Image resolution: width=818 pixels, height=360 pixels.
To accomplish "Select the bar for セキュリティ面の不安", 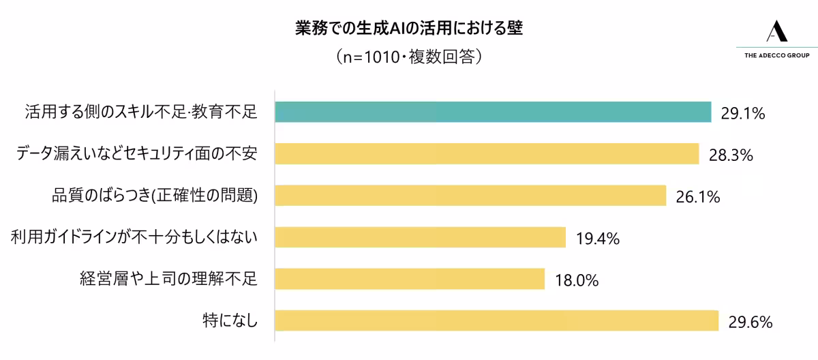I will click(x=487, y=154).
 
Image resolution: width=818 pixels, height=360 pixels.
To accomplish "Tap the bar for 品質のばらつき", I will click(x=470, y=196).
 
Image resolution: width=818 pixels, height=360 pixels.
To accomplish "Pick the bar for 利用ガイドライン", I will click(x=420, y=237).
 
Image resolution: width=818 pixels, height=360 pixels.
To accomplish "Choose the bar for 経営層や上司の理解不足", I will click(x=410, y=279).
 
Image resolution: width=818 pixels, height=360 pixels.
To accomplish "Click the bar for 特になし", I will click(x=496, y=320).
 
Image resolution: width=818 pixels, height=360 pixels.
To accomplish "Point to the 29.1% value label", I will click(x=743, y=114).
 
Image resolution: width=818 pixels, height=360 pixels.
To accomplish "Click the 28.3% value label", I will click(x=731, y=155).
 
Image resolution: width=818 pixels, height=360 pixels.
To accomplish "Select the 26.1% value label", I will click(x=698, y=197).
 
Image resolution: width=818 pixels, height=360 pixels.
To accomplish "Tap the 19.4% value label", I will click(x=597, y=239).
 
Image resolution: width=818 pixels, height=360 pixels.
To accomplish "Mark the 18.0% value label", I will click(x=577, y=280).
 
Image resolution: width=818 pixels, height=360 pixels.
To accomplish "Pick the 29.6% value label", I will click(x=750, y=321).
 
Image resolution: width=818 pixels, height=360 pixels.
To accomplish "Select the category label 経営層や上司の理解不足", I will click(x=168, y=278).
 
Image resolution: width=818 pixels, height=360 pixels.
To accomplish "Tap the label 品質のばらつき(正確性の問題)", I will click(x=155, y=196).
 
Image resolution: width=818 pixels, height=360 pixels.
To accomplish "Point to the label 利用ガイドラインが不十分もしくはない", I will click(x=134, y=237).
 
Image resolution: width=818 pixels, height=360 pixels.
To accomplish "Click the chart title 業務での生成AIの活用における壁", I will click(x=409, y=29).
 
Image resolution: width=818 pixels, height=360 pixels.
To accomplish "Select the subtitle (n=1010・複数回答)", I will click(x=409, y=57).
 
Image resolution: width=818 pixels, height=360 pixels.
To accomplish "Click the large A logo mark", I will click(x=776, y=31).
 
